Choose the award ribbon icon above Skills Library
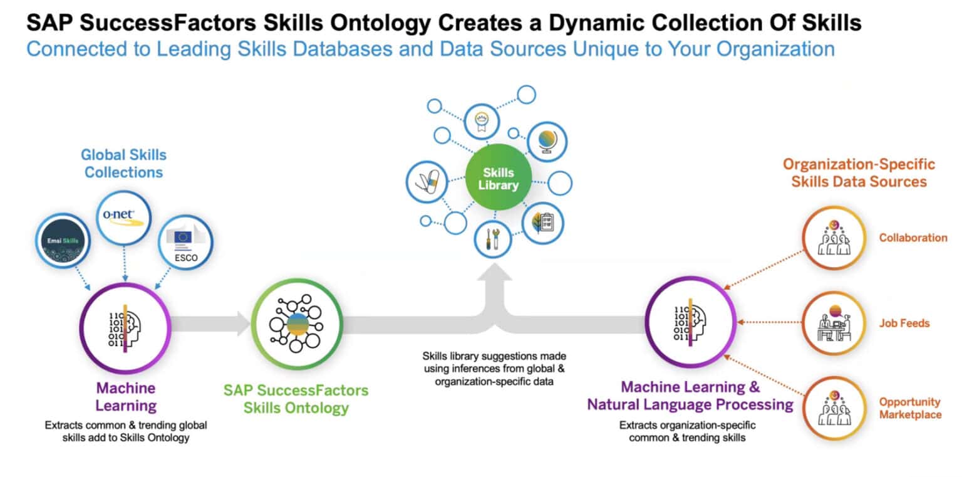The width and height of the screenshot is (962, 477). click(481, 120)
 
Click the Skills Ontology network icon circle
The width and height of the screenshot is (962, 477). click(297, 323)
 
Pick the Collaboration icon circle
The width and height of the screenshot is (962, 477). click(833, 238)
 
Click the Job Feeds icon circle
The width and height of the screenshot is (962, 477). click(833, 323)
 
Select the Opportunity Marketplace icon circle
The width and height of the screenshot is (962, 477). click(833, 408)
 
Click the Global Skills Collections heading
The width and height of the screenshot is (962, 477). click(124, 163)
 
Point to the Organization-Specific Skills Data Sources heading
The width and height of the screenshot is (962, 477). click(859, 173)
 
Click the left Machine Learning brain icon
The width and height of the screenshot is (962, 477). click(125, 326)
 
